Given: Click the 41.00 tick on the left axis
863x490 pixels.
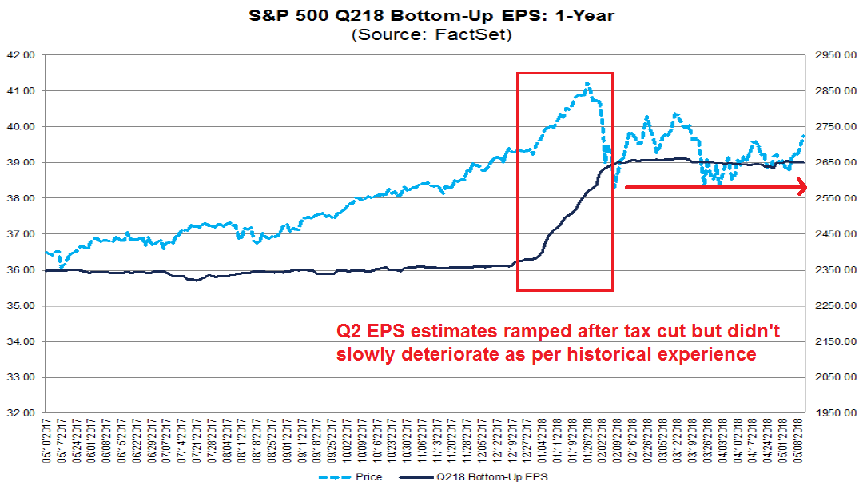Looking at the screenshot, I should point(24,91).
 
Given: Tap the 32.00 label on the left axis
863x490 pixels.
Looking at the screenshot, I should point(24,413).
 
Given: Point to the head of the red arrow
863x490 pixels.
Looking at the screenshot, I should point(802,188).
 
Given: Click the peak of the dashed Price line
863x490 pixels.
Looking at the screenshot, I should point(588,82).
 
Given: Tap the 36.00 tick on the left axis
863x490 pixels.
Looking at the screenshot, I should point(24,270).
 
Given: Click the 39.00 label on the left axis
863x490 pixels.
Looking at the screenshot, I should point(24,162).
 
